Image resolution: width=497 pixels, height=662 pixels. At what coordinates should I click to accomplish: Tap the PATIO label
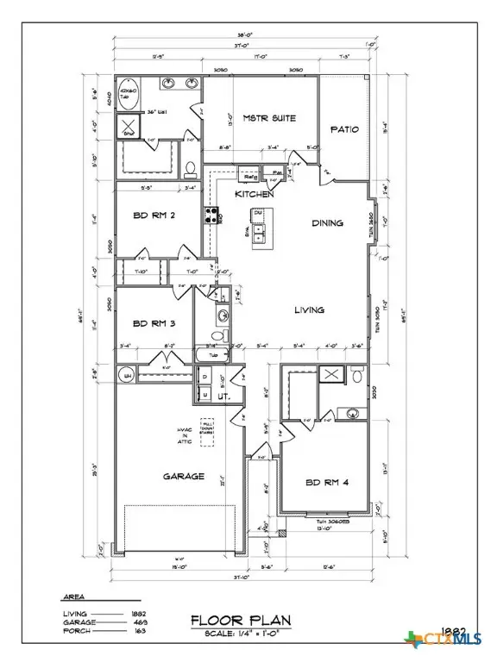click(x=344, y=130)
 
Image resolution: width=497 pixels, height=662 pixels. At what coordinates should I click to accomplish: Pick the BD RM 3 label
click(x=154, y=324)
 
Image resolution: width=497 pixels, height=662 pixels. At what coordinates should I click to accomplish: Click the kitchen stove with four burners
click(x=210, y=216)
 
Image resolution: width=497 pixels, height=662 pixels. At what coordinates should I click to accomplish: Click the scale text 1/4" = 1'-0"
click(x=260, y=633)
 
